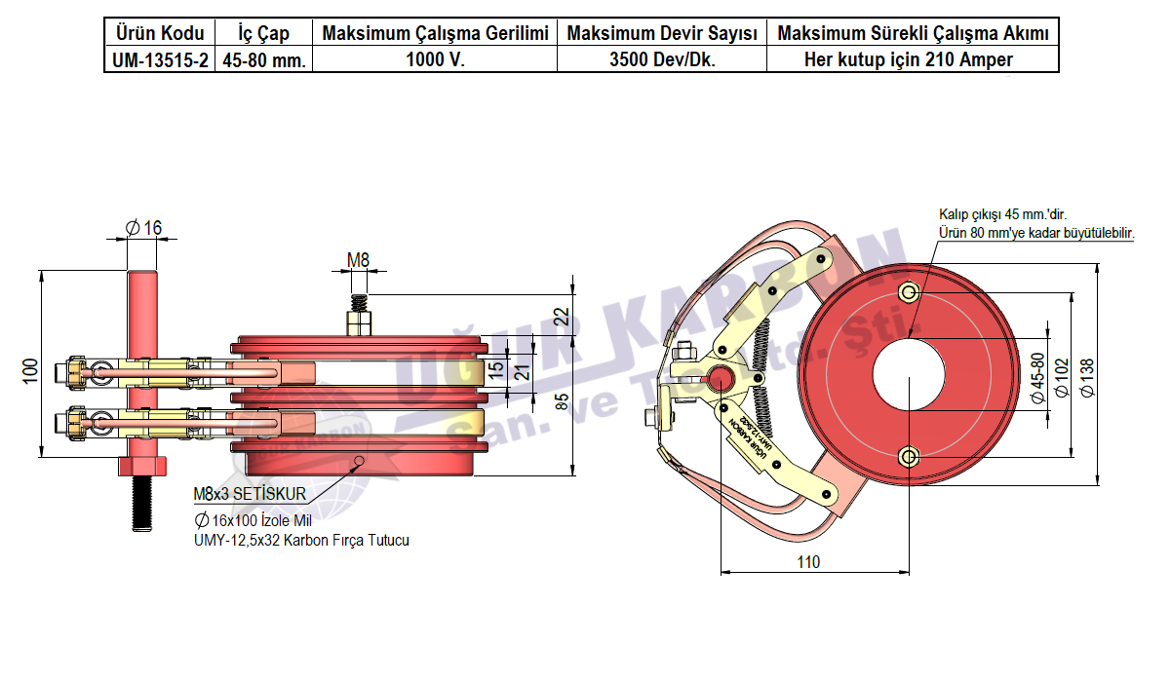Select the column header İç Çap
pos(264,34)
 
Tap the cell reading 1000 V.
pos(435,59)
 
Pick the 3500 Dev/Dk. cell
pos(662,59)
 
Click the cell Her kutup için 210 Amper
pos(913,59)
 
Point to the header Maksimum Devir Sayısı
pos(662,34)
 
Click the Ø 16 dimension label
pos(143,228)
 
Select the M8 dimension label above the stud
pos(359,259)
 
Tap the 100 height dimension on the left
pos(31,369)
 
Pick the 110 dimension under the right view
pos(808,562)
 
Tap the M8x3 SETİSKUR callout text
pos(250,495)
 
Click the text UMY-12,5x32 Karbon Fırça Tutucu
pos(301,540)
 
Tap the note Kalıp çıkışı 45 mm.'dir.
pos(999,214)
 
